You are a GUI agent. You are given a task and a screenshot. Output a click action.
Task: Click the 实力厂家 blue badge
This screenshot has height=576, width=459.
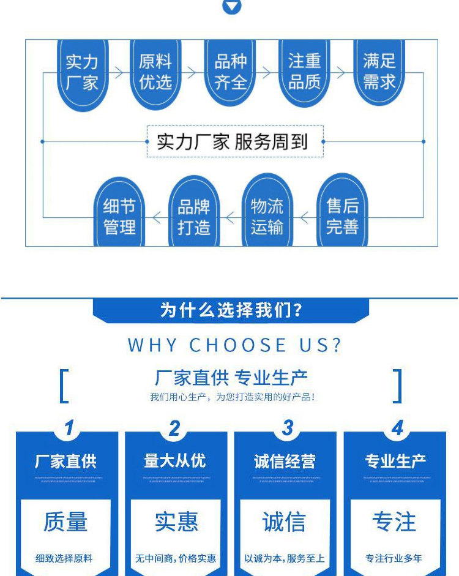(x=82, y=72)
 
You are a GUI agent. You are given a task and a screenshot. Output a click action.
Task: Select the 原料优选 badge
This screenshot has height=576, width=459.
(x=155, y=72)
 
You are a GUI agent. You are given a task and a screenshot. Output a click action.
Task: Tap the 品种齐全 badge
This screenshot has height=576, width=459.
(x=230, y=72)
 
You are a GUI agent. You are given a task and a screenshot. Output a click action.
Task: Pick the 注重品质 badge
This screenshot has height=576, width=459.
(x=304, y=72)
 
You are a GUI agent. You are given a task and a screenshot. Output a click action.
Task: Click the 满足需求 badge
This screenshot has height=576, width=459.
(x=379, y=72)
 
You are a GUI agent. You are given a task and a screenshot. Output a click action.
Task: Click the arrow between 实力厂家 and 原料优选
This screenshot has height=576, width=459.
(x=119, y=72)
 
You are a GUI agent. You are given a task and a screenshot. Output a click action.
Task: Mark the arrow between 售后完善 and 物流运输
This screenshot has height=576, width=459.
(x=305, y=217)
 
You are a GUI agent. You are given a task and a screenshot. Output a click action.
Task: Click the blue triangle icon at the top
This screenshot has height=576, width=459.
(x=231, y=7)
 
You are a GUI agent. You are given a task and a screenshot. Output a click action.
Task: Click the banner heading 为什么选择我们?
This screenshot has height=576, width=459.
(x=231, y=310)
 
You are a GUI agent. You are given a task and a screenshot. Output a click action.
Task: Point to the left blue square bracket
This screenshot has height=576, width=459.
(x=64, y=386)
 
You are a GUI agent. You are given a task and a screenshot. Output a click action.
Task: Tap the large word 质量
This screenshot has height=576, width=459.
(x=65, y=522)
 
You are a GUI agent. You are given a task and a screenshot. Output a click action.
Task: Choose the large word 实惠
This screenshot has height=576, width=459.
(x=176, y=522)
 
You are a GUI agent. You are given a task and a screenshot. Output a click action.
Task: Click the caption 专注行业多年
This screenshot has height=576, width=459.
(x=394, y=558)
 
